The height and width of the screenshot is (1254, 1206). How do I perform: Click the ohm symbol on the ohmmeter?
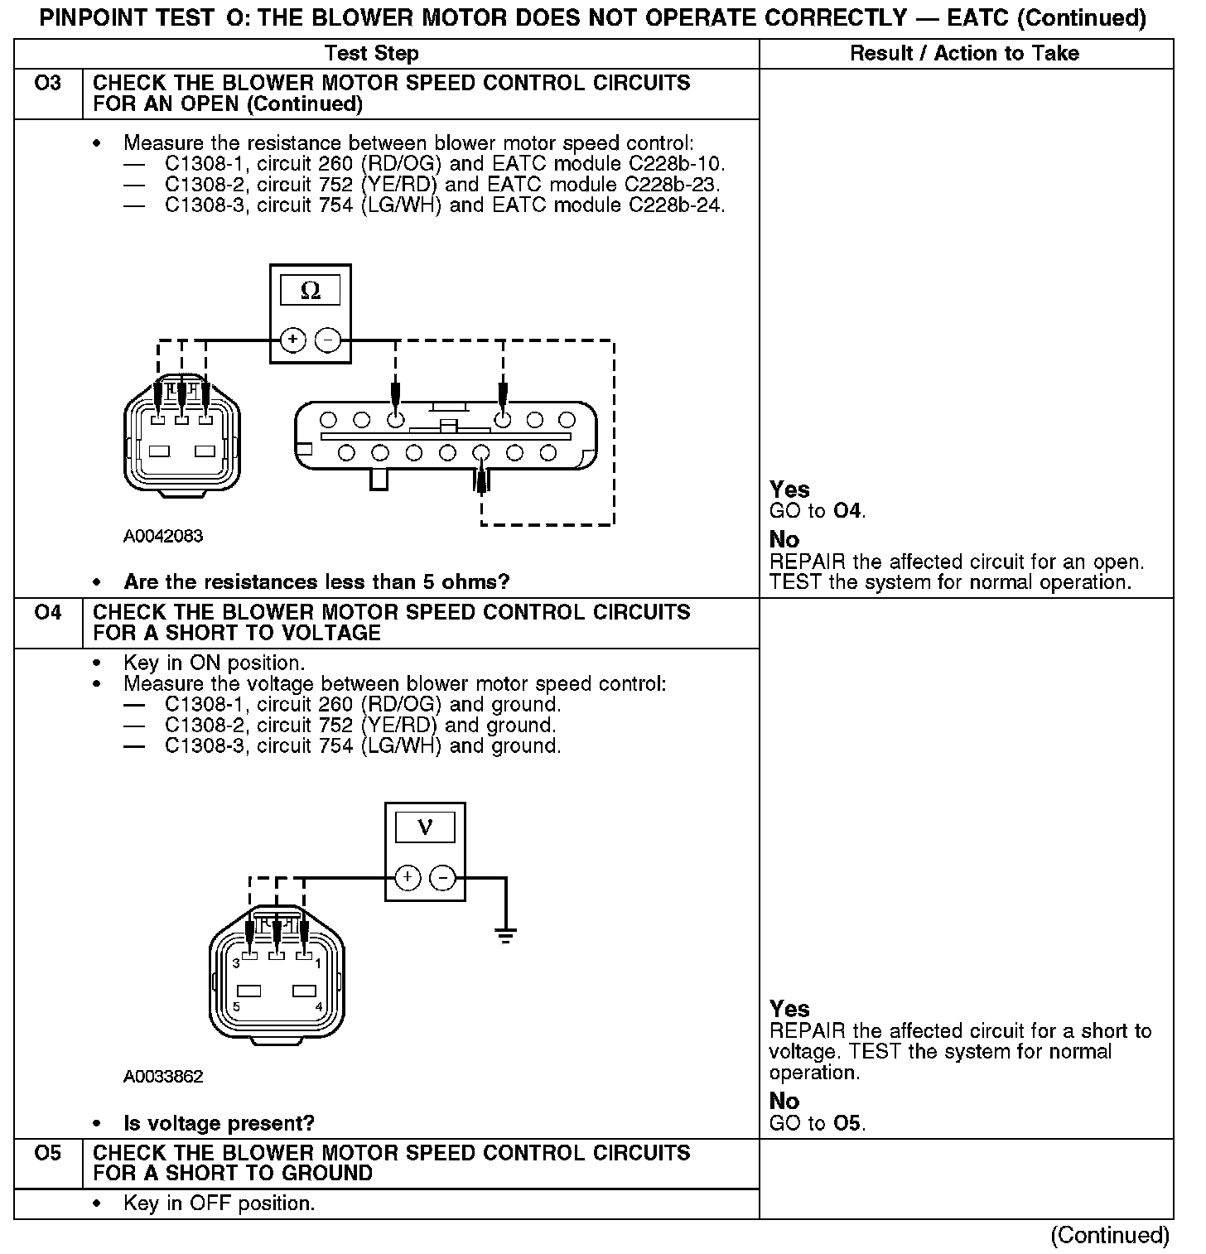[x=311, y=291]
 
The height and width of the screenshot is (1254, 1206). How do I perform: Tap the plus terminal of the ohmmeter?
[x=293, y=340]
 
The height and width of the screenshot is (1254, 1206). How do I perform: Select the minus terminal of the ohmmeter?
[x=329, y=340]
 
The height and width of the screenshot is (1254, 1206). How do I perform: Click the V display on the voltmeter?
[x=425, y=827]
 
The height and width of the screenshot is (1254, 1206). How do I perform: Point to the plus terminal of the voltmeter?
[x=407, y=878]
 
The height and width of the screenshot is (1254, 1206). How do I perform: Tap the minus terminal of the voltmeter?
[x=444, y=878]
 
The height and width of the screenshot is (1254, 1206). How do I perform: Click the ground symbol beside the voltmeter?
[x=505, y=936]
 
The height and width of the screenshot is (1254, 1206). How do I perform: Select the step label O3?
[x=48, y=84]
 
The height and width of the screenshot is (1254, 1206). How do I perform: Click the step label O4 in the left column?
[x=48, y=613]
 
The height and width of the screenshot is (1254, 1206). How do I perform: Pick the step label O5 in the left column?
[x=48, y=1153]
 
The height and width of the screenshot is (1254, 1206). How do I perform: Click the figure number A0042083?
[x=163, y=537]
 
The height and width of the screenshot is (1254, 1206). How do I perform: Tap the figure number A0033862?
[x=163, y=1077]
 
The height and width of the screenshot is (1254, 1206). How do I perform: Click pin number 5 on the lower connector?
[x=237, y=1006]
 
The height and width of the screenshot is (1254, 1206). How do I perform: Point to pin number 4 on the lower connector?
[x=319, y=1006]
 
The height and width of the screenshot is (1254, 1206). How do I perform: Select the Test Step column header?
[x=372, y=54]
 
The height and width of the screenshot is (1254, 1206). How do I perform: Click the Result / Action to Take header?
[x=964, y=54]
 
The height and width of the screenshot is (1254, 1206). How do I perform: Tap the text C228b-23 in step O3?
[x=672, y=185]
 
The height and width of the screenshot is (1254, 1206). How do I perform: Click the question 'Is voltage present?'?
[x=219, y=1123]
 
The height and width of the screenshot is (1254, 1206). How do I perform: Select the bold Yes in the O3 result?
[x=789, y=490]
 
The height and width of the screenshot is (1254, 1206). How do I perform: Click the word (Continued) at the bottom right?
[x=1110, y=1235]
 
